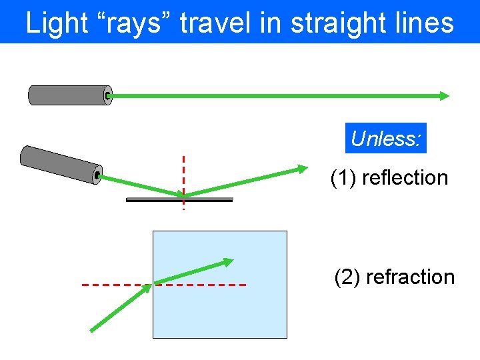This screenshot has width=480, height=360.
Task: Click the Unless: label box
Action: tap(386, 139)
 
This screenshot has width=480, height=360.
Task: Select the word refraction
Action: tap(410, 277)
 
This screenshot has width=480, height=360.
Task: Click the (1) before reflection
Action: tap(345, 178)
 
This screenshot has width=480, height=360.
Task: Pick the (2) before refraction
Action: tap(347, 277)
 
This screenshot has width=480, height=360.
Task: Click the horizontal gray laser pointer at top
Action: tap(69, 95)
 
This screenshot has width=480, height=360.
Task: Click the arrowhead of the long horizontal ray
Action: tap(444, 95)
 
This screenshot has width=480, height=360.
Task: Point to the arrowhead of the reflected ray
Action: tap(303, 169)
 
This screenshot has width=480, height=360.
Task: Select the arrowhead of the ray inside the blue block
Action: tap(228, 261)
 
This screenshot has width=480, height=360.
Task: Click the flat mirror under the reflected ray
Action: tap(179, 199)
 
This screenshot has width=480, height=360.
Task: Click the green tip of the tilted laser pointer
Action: tap(97, 175)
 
